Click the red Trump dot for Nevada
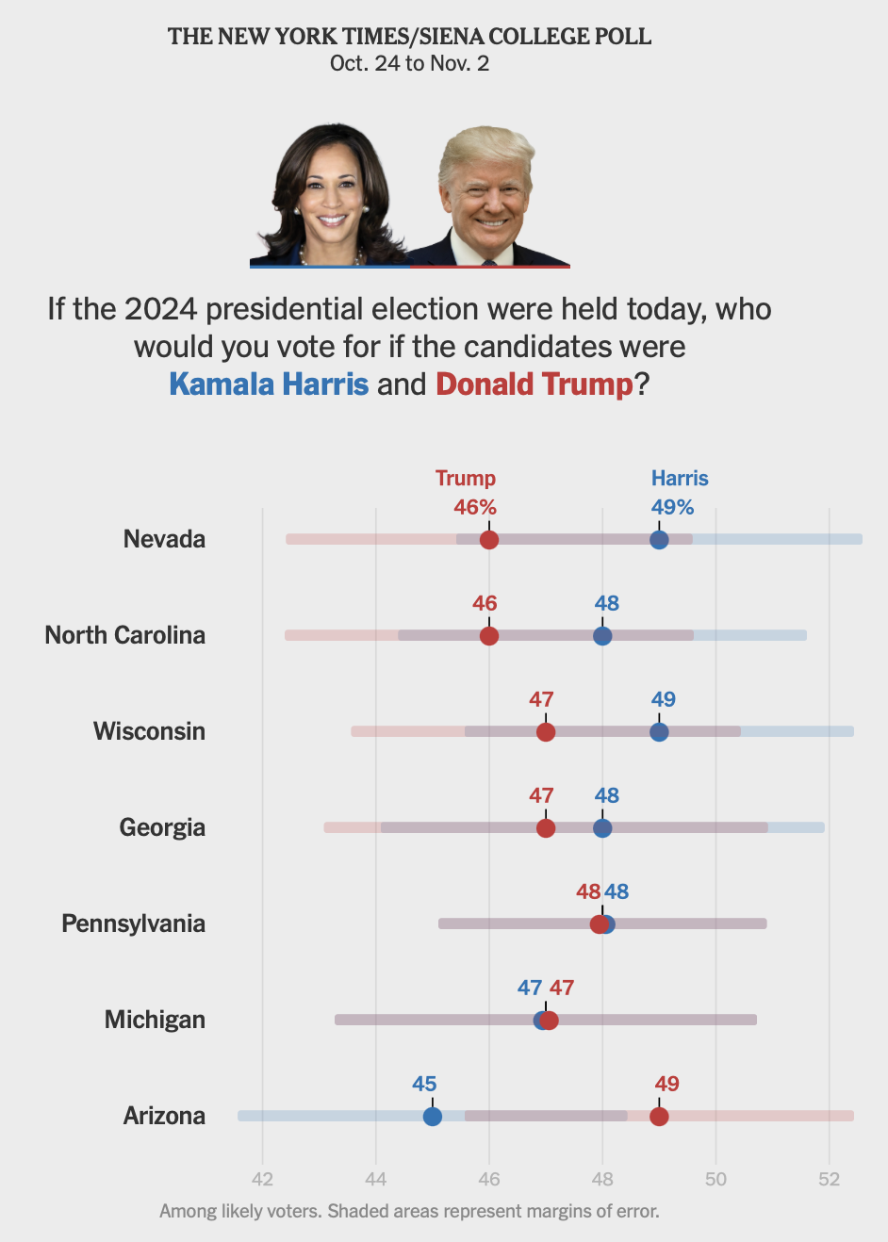coord(488,540)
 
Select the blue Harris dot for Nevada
coord(659,540)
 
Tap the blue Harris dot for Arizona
coord(432,1117)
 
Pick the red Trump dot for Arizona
coord(659,1117)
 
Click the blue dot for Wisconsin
coord(659,732)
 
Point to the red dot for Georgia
coord(545,828)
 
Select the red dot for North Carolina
coord(488,636)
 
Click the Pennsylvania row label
coord(133,923)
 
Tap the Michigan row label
coord(155,1020)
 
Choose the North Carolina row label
coord(124,635)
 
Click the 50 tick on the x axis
coord(715,1179)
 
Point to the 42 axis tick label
coord(262,1179)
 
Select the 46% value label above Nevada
coord(474,507)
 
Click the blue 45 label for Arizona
coord(424,1084)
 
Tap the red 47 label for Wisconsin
coord(541,699)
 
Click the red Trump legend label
coord(465,479)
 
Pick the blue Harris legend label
coord(680,479)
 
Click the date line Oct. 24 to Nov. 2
coord(409,64)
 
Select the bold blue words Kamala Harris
coord(269,384)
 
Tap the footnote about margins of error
coord(409,1211)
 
